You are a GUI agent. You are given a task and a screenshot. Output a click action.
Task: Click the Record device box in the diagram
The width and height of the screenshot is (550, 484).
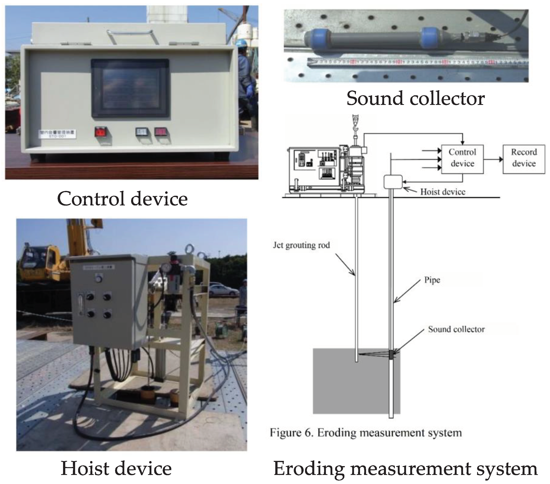524,159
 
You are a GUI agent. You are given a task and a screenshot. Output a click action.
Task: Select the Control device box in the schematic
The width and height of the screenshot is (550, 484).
462,159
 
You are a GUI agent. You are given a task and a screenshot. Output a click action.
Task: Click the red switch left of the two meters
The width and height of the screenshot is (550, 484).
101,132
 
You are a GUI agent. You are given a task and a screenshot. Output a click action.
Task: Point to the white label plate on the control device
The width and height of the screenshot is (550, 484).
57,134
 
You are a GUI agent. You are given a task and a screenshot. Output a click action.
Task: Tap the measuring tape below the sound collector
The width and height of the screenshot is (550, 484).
417,63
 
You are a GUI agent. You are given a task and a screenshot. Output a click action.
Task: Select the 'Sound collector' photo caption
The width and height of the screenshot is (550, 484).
415,98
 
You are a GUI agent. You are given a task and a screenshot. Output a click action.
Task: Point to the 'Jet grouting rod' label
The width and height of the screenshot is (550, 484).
301,245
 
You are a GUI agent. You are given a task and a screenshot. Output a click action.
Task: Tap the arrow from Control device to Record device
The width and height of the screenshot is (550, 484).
493,159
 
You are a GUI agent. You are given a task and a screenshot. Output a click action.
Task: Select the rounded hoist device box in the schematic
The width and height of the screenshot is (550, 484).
393,182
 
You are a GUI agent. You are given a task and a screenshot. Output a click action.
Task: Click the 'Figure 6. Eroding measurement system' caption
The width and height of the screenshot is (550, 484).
366,433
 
